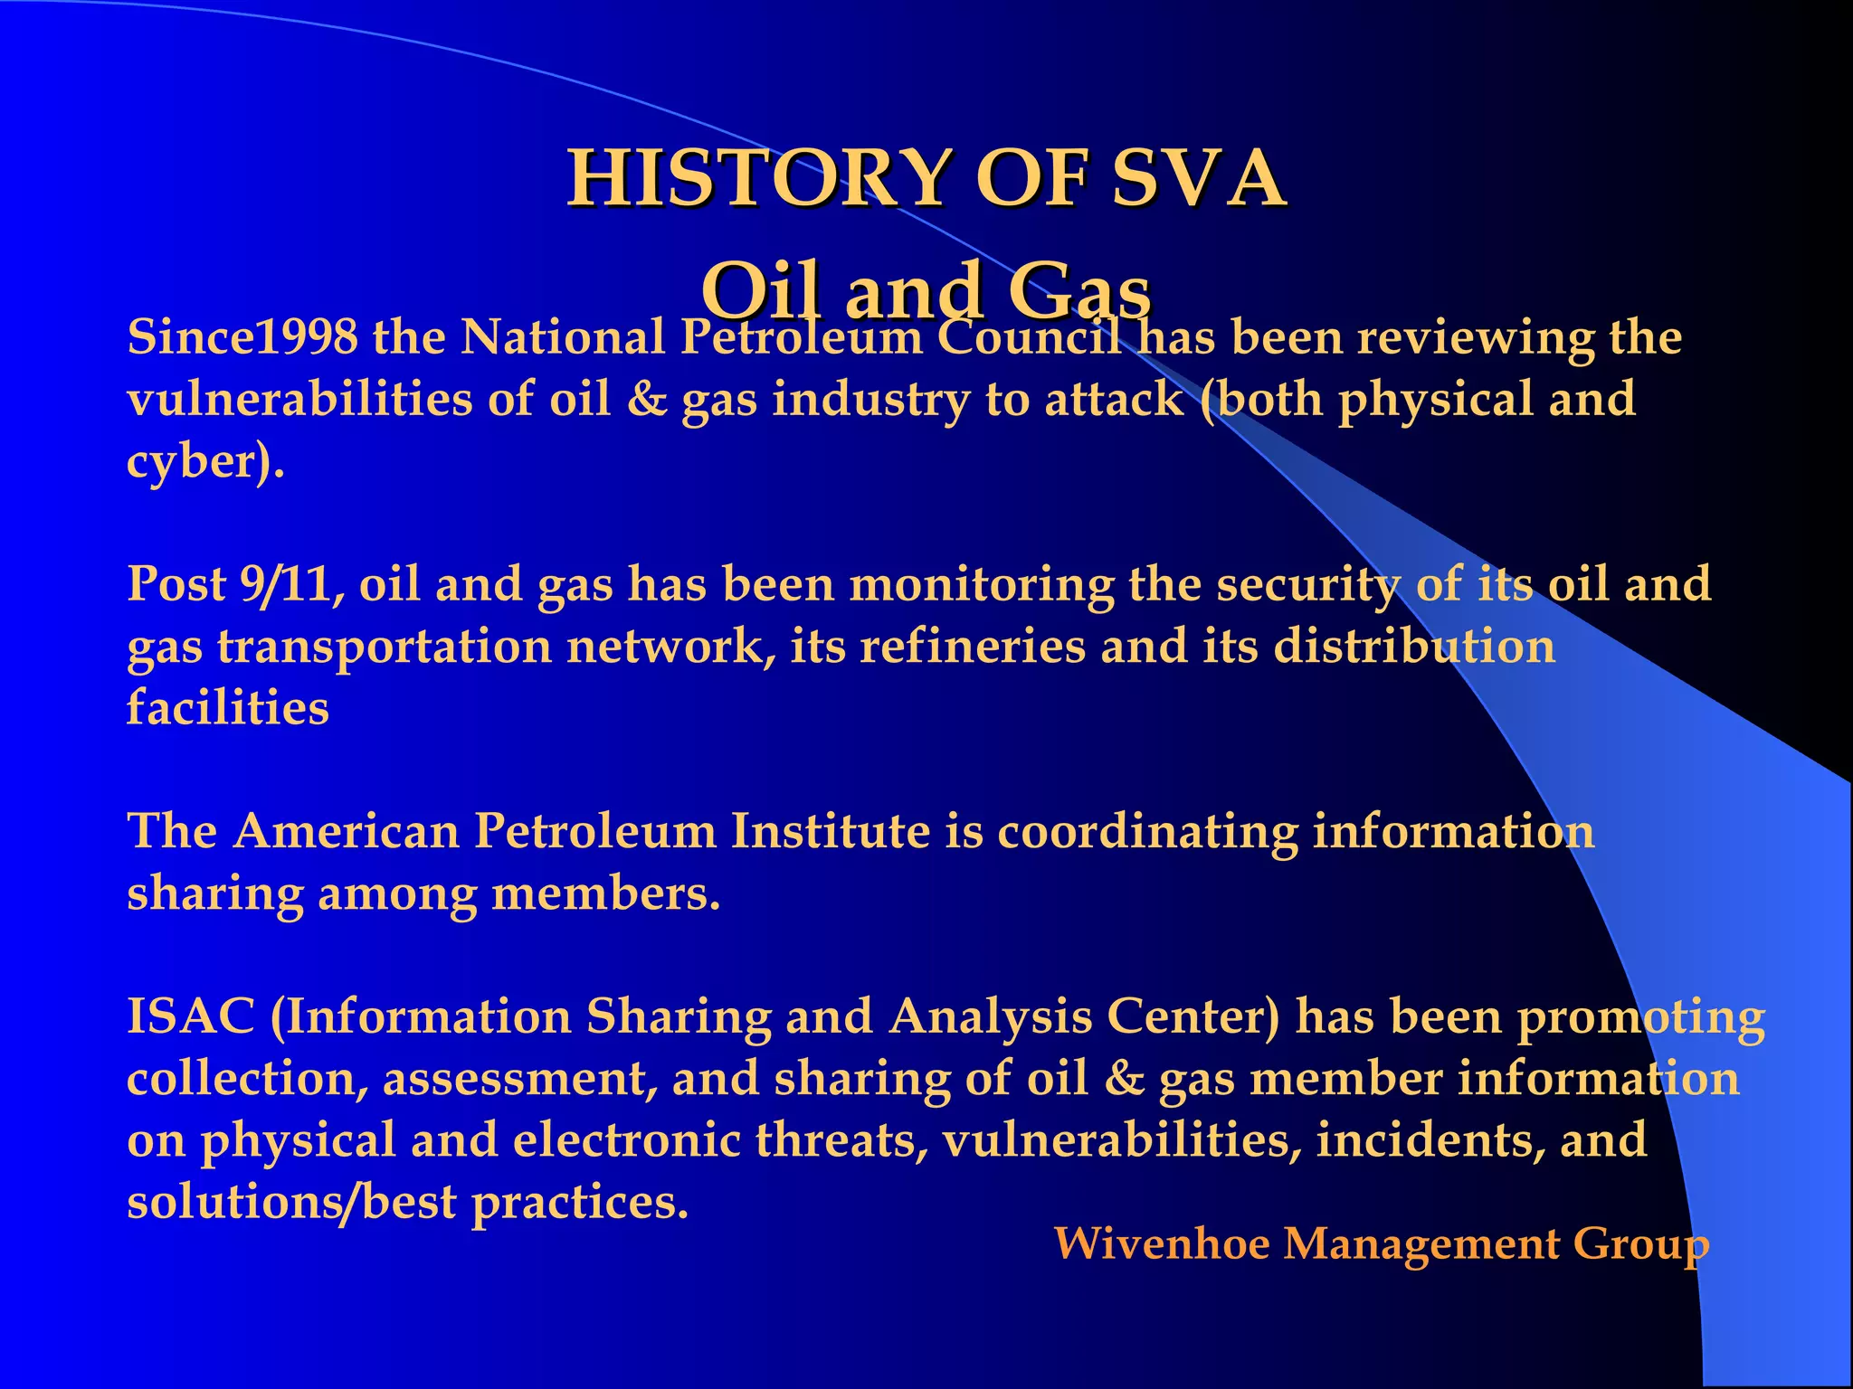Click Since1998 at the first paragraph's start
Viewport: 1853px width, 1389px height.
(x=242, y=338)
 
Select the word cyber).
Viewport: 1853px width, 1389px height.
(x=205, y=462)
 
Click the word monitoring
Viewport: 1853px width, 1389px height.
(x=981, y=584)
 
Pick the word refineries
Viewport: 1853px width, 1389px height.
(x=973, y=647)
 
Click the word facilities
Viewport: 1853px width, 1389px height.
(x=227, y=708)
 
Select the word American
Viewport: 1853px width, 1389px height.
(x=347, y=831)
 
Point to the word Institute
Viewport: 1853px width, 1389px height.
(x=831, y=831)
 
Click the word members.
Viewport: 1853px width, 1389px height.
(x=605, y=893)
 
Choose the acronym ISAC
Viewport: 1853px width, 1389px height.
(x=191, y=1016)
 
